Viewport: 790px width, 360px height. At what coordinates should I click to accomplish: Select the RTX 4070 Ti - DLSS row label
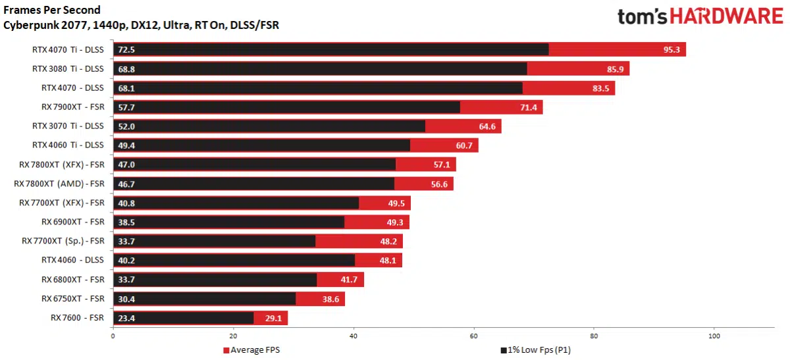point(68,49)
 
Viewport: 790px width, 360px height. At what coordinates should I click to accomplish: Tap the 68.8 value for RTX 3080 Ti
point(127,68)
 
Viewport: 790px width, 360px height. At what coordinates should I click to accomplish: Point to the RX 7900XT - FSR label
point(72,107)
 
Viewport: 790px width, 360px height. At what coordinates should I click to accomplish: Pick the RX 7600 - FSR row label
point(77,318)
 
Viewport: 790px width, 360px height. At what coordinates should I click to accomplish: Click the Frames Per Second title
point(52,10)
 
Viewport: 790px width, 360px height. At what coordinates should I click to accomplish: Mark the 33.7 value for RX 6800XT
point(127,280)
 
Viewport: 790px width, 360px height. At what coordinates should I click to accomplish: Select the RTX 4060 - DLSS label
point(72,260)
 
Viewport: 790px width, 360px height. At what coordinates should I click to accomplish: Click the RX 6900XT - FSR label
point(72,222)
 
